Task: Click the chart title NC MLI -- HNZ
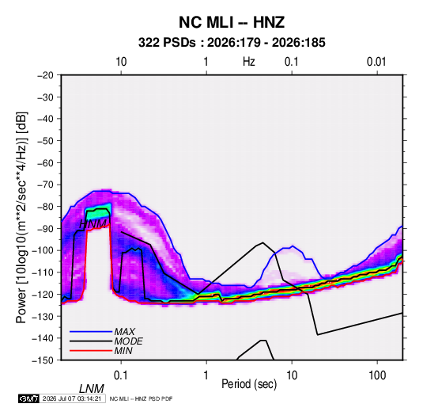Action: [x=232, y=22]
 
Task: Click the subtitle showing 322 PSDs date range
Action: [x=232, y=43]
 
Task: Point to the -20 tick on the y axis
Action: [x=45, y=75]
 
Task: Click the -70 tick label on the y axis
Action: [x=45, y=185]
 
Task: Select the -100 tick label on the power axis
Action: [x=43, y=250]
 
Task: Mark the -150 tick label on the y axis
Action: [x=43, y=360]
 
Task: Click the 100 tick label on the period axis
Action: [x=377, y=375]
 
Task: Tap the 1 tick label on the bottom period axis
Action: [x=206, y=375]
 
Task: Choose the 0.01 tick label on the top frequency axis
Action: [x=376, y=62]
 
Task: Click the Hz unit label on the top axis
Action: [x=249, y=62]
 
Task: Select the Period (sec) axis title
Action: [x=249, y=384]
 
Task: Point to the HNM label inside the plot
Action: [x=93, y=224]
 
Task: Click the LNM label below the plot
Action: [x=92, y=389]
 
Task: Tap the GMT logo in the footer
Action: [x=29, y=398]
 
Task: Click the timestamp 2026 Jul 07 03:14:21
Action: [x=72, y=398]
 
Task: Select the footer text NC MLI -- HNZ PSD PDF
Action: [x=141, y=398]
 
